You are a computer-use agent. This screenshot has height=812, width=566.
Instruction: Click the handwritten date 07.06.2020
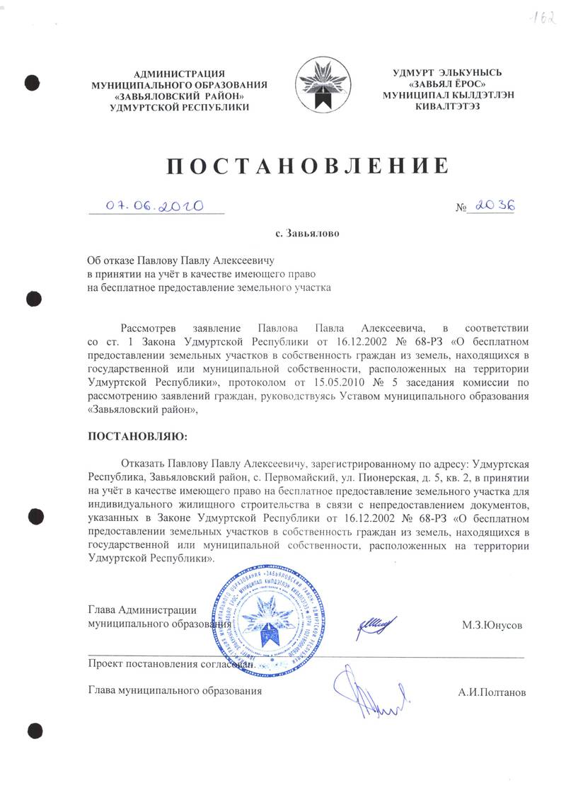[x=154, y=205]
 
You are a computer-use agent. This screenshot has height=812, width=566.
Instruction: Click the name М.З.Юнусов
[x=492, y=626]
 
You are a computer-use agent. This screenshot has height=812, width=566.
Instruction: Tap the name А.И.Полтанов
[x=492, y=692]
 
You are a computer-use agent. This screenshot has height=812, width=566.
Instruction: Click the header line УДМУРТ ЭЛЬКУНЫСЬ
[x=446, y=72]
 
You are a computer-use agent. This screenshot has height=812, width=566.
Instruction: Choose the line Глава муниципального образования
[x=174, y=690]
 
